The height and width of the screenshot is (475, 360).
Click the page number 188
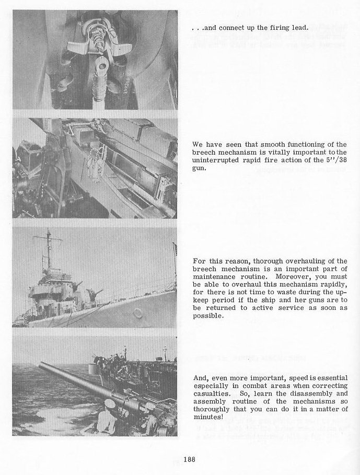click(189, 459)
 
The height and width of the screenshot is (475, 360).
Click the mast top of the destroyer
click(49, 230)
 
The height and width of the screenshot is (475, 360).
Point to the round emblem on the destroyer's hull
click(137, 312)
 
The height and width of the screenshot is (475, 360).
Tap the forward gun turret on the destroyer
click(96, 294)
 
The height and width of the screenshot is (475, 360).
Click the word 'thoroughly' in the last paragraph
click(214, 409)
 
